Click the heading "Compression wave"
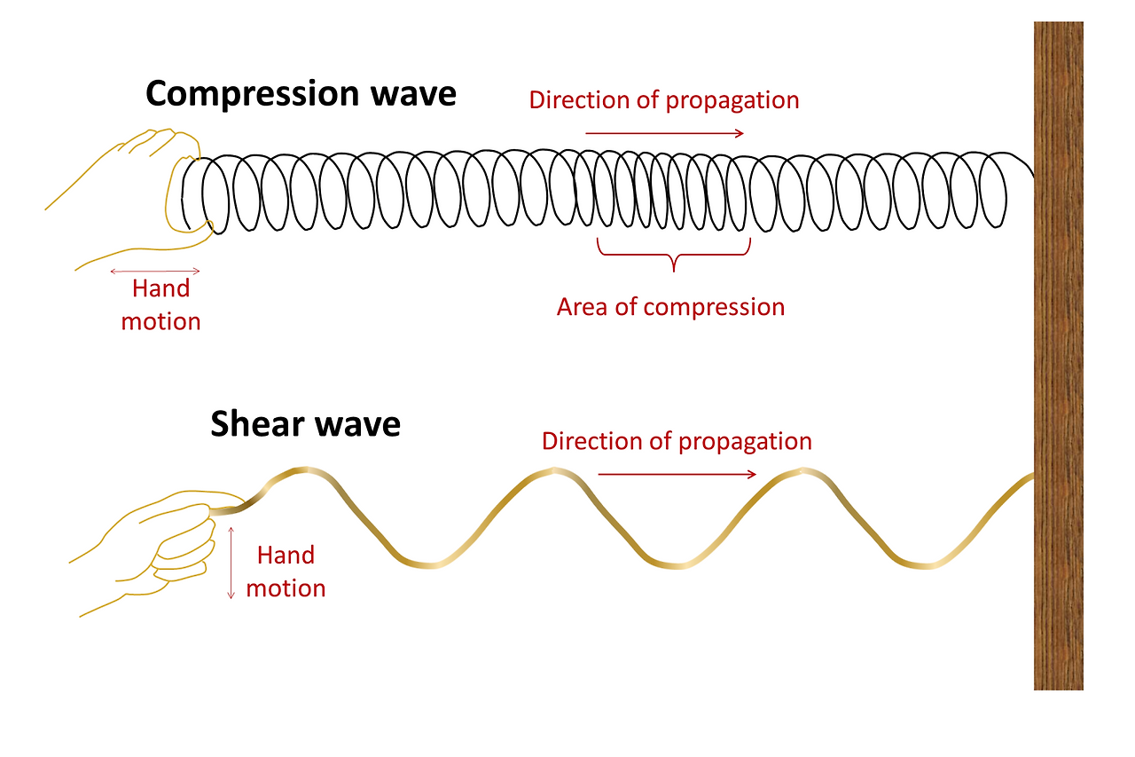point(301,93)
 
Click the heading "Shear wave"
point(305,424)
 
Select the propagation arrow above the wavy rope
point(677,474)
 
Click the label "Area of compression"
point(670,307)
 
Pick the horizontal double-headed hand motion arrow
point(154,271)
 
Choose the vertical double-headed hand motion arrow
point(231,562)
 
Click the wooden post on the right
point(1058,355)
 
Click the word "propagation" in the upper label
point(732,100)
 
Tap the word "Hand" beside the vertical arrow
point(286,556)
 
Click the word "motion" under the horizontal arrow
point(160,320)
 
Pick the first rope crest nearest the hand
point(304,469)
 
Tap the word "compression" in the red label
point(714,307)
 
